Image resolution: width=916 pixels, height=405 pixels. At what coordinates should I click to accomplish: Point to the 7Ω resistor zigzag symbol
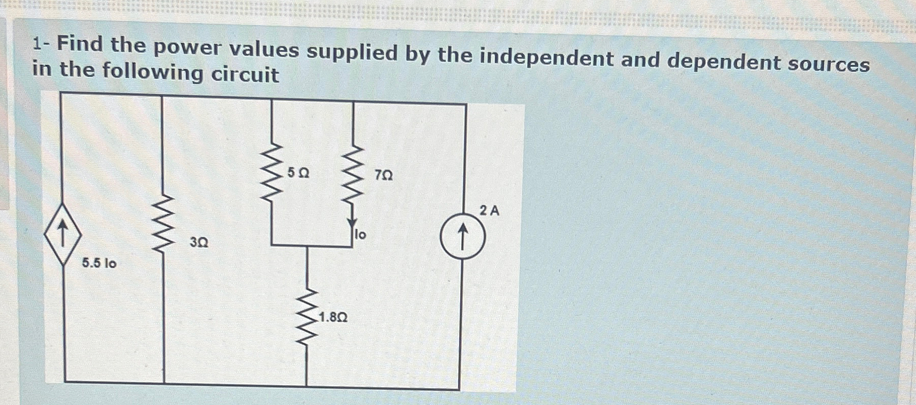click(353, 175)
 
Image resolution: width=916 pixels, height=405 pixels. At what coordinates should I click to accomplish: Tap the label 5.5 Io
click(99, 263)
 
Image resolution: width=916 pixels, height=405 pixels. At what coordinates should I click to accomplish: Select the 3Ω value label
click(199, 243)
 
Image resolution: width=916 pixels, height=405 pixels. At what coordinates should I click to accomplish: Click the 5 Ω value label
click(298, 173)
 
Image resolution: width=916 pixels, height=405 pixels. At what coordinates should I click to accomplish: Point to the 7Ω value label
click(384, 175)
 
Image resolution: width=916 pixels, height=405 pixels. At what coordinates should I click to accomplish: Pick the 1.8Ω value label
click(333, 318)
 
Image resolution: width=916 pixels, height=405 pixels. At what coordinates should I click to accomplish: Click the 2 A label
click(489, 210)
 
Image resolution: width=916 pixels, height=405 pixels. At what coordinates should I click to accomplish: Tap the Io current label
click(361, 235)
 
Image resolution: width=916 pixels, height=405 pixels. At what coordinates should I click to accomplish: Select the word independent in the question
click(547, 58)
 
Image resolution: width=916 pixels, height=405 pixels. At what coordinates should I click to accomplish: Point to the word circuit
click(245, 75)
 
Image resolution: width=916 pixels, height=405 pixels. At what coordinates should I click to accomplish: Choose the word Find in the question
click(80, 44)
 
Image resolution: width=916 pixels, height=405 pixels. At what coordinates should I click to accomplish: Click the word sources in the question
click(829, 64)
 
